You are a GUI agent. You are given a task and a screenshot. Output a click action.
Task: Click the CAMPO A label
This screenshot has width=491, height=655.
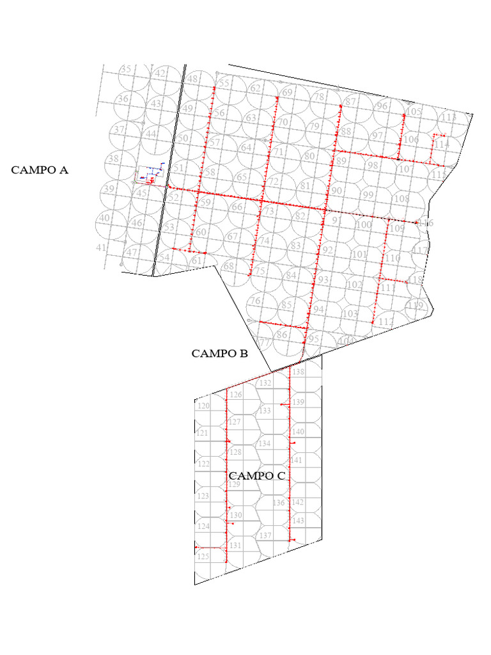(40, 170)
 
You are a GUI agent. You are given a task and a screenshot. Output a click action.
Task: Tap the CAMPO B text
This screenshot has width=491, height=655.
(219, 353)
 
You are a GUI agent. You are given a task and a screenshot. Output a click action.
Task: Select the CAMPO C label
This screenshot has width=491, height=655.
(256, 476)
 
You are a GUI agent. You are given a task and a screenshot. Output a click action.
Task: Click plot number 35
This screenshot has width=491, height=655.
(126, 69)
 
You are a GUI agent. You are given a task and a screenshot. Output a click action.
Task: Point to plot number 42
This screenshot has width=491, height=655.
(160, 74)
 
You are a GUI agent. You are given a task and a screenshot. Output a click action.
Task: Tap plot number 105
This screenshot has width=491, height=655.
(414, 112)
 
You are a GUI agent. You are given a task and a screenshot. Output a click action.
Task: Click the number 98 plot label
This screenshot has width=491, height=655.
(373, 166)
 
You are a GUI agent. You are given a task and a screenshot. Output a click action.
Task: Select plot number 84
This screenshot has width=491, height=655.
(292, 276)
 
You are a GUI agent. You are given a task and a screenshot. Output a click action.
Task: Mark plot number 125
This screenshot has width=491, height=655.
(203, 556)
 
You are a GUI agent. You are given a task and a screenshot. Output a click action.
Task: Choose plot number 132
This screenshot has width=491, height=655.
(266, 383)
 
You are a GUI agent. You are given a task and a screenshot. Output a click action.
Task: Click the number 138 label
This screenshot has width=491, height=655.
(299, 371)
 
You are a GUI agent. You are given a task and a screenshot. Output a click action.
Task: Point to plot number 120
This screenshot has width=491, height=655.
(203, 406)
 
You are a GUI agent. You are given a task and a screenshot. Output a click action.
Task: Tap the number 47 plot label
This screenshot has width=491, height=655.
(132, 252)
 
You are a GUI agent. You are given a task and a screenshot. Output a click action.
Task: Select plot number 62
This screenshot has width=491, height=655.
(255, 88)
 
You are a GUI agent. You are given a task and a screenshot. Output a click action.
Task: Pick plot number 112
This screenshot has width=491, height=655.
(386, 321)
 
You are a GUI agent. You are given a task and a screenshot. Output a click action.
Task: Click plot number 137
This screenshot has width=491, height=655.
(266, 535)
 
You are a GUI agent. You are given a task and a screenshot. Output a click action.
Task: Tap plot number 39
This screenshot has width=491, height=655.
(108, 189)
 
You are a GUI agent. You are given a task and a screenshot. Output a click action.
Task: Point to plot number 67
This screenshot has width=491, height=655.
(233, 237)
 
